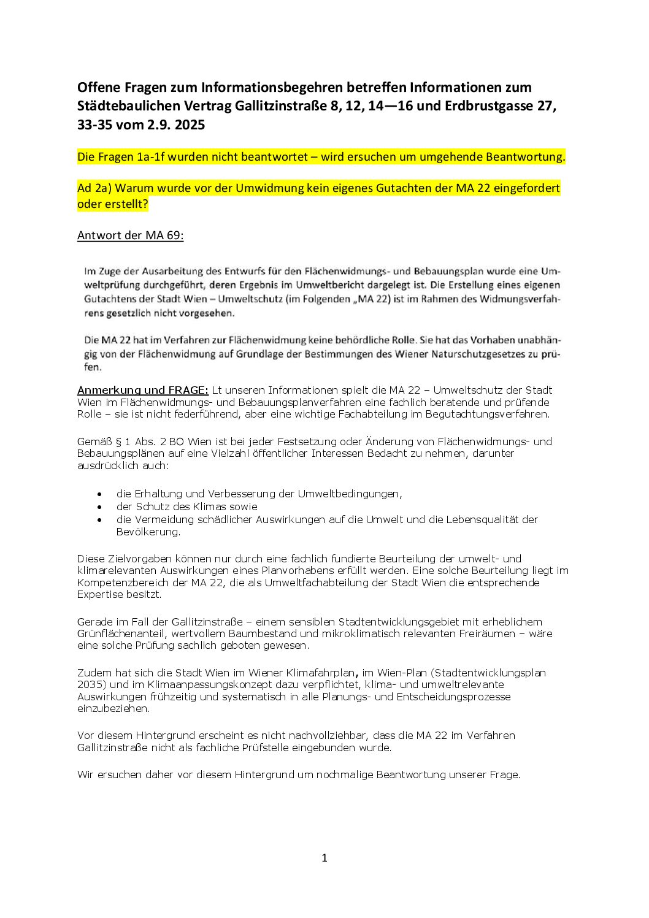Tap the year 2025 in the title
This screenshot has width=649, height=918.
click(x=190, y=125)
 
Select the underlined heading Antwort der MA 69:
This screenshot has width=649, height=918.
click(x=130, y=235)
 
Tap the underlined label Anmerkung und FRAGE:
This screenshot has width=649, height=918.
click(x=143, y=390)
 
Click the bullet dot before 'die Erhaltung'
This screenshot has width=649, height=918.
click(x=100, y=494)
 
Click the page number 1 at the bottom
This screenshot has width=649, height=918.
click(x=324, y=858)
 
